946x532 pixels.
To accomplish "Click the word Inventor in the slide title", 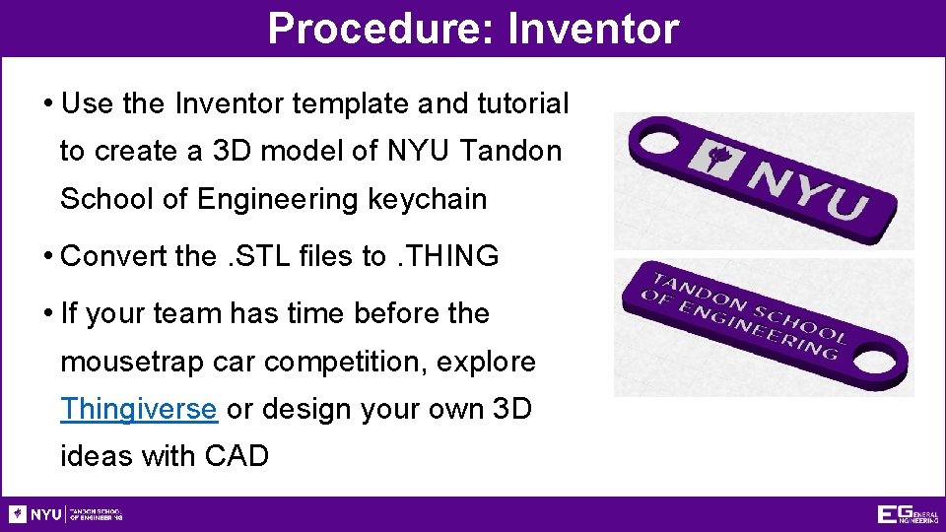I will tap(593, 29).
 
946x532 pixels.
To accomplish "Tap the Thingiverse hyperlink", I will tap(138, 408).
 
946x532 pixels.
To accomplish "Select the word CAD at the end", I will tap(236, 456).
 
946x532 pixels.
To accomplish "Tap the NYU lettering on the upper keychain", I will tap(809, 187).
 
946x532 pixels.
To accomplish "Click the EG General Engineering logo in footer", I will tap(907, 514).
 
